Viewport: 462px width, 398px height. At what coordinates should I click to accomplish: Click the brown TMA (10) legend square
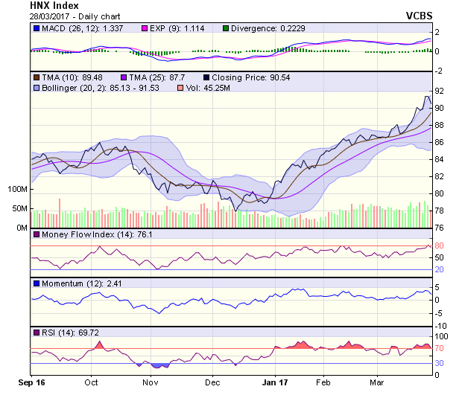point(35,77)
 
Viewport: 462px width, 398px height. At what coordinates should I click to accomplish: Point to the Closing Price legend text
point(241,77)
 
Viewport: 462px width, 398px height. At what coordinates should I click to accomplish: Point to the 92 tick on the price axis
point(439,91)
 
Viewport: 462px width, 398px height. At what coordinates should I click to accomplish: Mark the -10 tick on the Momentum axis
point(440,326)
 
